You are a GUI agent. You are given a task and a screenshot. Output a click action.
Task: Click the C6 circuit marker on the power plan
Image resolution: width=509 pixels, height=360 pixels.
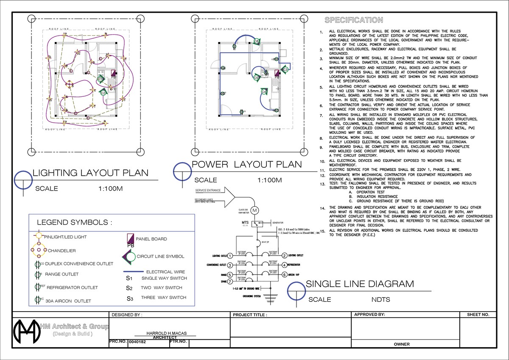[257, 41]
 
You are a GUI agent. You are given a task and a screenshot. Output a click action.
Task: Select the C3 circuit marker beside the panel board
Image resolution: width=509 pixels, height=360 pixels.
[285, 69]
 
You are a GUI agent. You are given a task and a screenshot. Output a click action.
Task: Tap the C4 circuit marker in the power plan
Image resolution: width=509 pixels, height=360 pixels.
[264, 91]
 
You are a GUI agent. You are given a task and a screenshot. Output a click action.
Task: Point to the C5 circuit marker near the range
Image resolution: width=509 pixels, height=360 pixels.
[257, 77]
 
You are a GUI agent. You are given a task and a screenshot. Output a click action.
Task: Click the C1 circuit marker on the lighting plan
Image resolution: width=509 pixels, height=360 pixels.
[100, 79]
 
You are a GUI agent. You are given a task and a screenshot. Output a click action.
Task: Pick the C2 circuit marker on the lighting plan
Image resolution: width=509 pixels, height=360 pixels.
[103, 93]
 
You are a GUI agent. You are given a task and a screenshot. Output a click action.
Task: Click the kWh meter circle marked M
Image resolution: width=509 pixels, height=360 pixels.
[255, 211]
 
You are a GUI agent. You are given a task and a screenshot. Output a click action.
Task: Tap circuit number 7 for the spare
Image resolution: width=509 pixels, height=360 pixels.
[229, 281]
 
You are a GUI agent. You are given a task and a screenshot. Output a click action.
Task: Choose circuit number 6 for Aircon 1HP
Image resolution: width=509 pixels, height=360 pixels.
[285, 274]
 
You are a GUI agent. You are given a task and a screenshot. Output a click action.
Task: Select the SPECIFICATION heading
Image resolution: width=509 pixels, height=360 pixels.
[353, 20]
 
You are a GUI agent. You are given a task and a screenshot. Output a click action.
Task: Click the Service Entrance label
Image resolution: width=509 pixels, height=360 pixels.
[208, 191]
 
